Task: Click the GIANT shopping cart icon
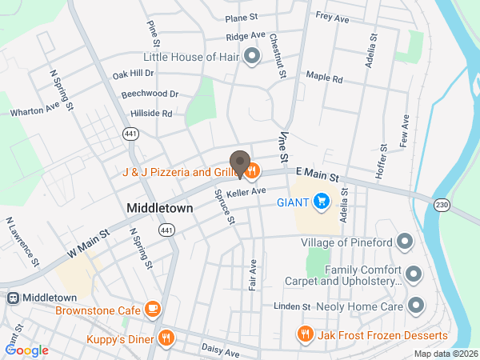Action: click(x=322, y=201)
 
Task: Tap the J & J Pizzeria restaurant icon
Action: click(x=251, y=170)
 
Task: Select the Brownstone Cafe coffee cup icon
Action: click(x=153, y=309)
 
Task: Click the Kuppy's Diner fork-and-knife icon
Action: click(x=166, y=338)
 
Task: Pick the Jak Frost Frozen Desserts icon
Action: click(x=304, y=334)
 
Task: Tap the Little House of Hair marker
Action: click(x=252, y=57)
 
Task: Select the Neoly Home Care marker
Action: click(x=415, y=306)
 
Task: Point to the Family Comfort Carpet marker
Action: click(x=414, y=275)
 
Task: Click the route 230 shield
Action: click(x=441, y=205)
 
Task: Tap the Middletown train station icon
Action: click(x=12, y=298)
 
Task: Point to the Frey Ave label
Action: click(x=333, y=15)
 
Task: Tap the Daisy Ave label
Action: click(x=220, y=352)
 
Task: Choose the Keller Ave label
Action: click(x=246, y=192)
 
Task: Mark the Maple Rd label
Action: click(x=325, y=79)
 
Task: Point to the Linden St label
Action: click(x=291, y=306)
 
